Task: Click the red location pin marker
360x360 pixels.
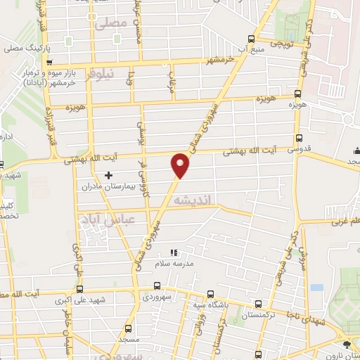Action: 181,165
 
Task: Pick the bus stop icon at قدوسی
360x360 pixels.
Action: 300,138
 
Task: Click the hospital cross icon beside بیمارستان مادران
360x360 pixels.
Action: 108,174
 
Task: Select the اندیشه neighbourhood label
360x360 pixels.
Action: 202,201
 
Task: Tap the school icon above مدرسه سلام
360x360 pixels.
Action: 174,253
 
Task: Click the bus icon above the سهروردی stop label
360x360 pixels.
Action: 156,287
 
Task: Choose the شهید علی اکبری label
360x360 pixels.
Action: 82,301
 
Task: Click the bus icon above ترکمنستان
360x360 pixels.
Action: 259,304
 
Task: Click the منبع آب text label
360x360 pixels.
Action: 252,50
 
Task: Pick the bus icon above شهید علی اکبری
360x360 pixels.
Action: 79,288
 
